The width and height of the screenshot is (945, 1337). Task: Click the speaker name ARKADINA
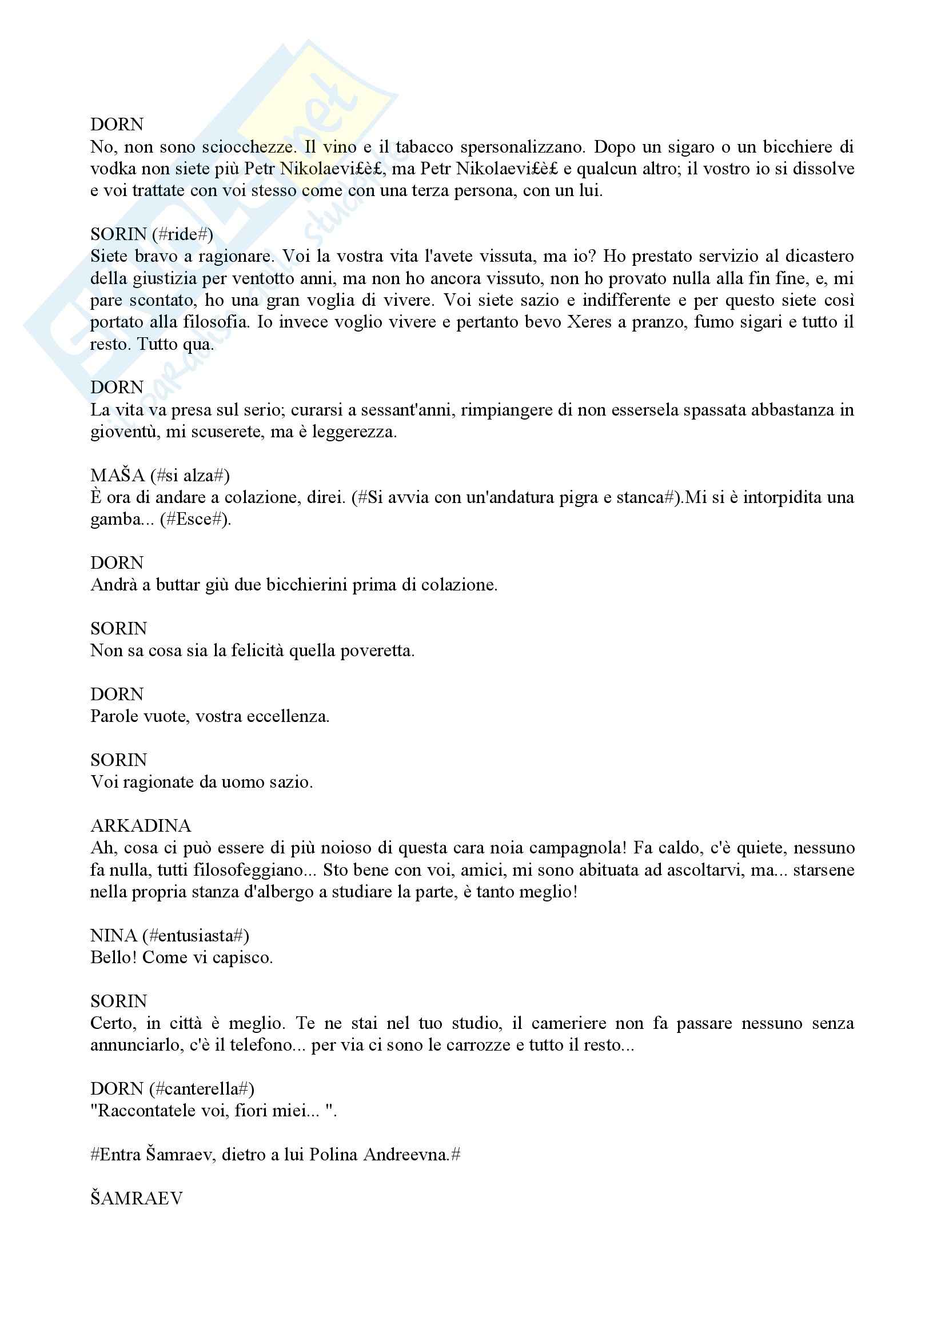coord(140,825)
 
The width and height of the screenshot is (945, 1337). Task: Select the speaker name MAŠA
coord(117,475)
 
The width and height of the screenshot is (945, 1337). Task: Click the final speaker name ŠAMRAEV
coord(136,1198)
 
